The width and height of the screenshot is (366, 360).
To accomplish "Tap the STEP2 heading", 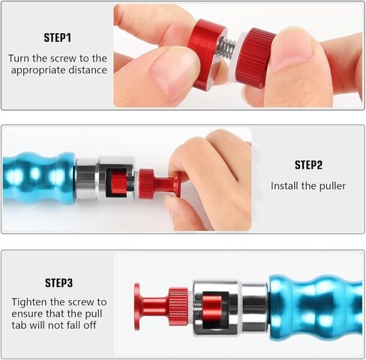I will click(x=308, y=165).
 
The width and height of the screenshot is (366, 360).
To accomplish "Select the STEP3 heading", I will click(x=58, y=283).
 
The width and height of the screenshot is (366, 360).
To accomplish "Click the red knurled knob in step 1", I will click(x=255, y=57).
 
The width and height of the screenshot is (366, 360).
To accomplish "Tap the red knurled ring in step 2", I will click(x=145, y=183).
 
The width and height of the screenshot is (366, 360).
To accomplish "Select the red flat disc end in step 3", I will click(x=137, y=307).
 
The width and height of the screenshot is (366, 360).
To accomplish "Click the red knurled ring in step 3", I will click(x=178, y=306).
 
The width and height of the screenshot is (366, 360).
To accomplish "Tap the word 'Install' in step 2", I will click(x=286, y=186).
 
